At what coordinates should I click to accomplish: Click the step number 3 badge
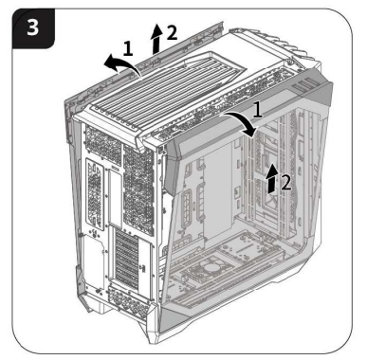[x=33, y=28]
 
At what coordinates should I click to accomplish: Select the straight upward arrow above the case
[x=156, y=39]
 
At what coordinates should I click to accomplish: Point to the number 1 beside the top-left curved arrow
[x=128, y=48]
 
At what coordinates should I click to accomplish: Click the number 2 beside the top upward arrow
[x=172, y=32]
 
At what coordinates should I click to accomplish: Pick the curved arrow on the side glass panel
[x=245, y=121]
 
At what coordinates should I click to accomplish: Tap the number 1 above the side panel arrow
[x=258, y=110]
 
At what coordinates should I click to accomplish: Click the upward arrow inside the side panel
[x=272, y=178]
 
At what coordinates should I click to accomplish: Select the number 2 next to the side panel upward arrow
[x=285, y=182]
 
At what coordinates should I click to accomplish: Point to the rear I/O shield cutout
[x=95, y=194]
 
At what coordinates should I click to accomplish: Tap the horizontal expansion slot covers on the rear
[x=127, y=259]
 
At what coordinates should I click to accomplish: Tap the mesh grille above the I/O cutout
[x=103, y=144]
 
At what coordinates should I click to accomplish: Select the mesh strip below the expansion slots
[x=130, y=300]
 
